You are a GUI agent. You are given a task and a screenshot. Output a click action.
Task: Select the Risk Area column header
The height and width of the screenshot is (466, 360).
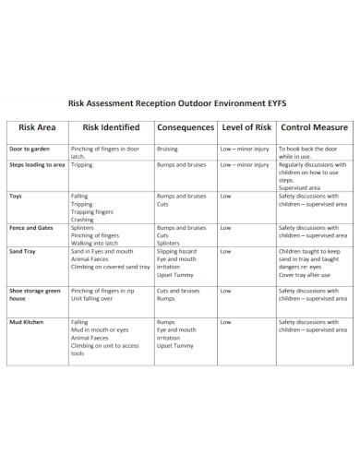click(x=36, y=127)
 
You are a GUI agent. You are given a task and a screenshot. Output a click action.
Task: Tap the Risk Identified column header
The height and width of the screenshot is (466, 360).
click(x=111, y=127)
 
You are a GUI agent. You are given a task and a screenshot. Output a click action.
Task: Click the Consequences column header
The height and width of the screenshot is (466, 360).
click(x=185, y=127)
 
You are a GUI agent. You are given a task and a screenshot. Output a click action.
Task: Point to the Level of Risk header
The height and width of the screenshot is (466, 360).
click(x=246, y=127)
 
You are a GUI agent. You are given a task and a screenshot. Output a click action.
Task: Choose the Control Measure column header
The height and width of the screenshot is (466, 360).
click(x=314, y=127)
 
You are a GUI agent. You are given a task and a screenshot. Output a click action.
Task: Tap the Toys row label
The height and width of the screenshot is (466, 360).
click(x=16, y=197)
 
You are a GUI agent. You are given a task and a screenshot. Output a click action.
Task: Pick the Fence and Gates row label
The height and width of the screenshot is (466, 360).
click(x=31, y=227)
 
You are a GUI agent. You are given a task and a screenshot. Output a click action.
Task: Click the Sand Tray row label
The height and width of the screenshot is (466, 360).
click(x=22, y=250)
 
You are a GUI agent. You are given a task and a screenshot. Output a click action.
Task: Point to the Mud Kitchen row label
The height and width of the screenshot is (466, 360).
click(x=26, y=322)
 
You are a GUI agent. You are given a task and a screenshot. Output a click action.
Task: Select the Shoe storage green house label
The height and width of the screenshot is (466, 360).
click(x=34, y=294)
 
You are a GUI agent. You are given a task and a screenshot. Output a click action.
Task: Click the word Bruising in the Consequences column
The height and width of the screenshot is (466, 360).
click(x=168, y=149)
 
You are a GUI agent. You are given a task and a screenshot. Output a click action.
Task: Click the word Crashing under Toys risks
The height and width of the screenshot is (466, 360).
click(x=83, y=220)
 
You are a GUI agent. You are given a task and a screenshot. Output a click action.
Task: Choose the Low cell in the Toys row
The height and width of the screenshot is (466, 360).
click(x=225, y=197)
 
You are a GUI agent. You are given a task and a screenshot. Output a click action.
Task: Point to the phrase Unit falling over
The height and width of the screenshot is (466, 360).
click(x=92, y=299)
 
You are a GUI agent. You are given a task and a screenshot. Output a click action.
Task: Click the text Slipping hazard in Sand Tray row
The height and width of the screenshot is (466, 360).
click(x=176, y=250)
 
